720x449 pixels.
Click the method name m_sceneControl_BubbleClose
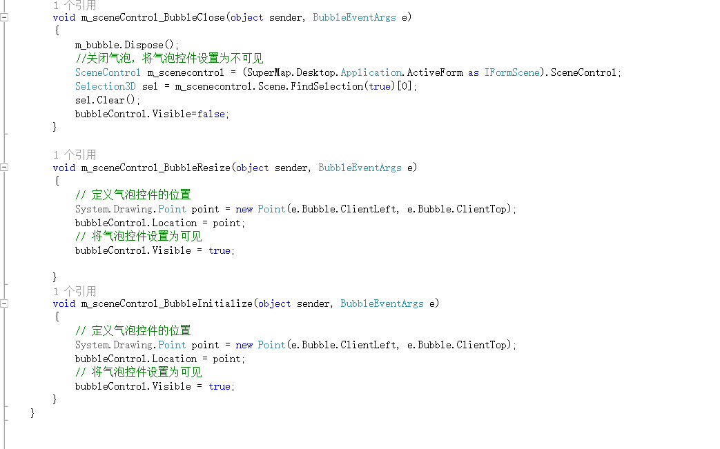pyautogui.click(x=153, y=17)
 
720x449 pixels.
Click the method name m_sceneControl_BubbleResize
pyautogui.click(x=155, y=168)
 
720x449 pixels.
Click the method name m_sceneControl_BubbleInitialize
pyautogui.click(x=166, y=303)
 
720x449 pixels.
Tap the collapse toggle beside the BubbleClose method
pyautogui.click(x=4, y=17)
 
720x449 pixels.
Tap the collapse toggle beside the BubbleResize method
pyautogui.click(x=4, y=168)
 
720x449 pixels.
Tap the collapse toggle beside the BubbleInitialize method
pyautogui.click(x=4, y=303)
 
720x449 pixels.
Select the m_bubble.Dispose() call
pyautogui.click(x=126, y=45)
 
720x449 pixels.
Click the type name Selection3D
pyautogui.click(x=106, y=86)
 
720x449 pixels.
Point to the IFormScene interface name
pyautogui.click(x=512, y=72)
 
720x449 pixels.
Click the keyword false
pyautogui.click(x=211, y=114)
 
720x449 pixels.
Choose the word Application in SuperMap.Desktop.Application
pyautogui.click(x=371, y=72)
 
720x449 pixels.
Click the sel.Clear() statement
pyautogui.click(x=108, y=100)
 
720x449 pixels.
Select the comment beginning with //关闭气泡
pyautogui.click(x=169, y=59)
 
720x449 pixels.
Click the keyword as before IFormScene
pyautogui.click(x=474, y=72)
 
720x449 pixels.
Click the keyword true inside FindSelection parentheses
pyautogui.click(x=380, y=86)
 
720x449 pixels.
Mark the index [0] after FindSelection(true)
pyautogui.click(x=404, y=86)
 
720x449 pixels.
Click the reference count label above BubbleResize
pyautogui.click(x=75, y=154)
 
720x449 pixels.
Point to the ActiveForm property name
pyautogui.click(x=435, y=72)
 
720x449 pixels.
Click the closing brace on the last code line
pyautogui.click(x=32, y=412)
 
